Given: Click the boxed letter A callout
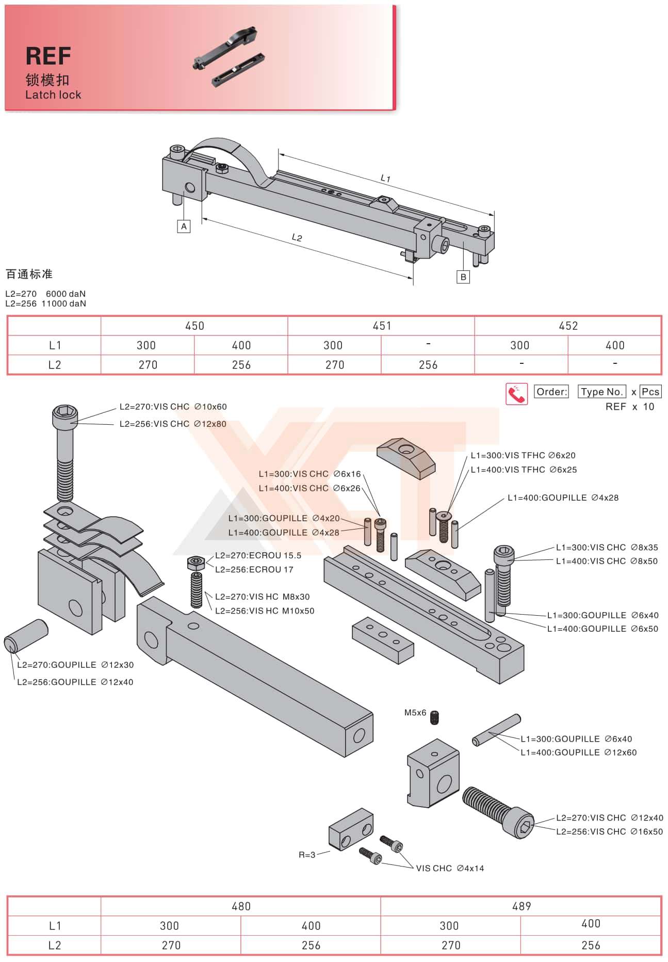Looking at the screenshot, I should (184, 226).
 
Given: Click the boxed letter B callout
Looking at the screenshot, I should (463, 277).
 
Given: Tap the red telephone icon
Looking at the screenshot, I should (516, 394).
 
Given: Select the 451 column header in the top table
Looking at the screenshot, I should (382, 326).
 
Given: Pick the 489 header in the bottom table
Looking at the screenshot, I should (521, 906).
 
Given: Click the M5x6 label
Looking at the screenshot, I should (415, 713).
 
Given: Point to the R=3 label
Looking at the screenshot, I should (307, 855).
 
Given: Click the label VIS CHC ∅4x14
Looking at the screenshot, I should (450, 868).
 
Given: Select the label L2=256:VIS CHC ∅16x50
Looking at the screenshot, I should (609, 831).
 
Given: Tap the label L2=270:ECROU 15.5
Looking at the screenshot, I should (258, 555).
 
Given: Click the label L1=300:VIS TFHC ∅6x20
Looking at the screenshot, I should (523, 455).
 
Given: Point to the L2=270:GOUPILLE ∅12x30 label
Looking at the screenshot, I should (75, 665).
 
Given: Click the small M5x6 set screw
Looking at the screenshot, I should (436, 717).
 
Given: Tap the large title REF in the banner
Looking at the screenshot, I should (48, 56).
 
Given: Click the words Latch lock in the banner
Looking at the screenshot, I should (53, 95).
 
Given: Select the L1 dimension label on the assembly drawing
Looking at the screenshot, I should (385, 179).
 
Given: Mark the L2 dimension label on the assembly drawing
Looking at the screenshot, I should (297, 237).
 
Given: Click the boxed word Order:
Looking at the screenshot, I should (551, 392).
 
